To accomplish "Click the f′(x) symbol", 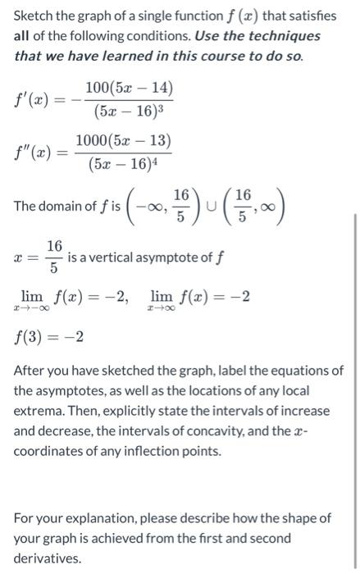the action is [37, 101].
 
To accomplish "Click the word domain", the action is [63, 206].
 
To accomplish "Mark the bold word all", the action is [24, 37].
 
